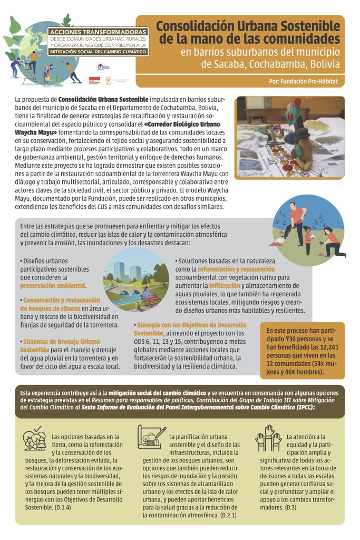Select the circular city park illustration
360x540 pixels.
136,280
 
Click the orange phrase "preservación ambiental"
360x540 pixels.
53,285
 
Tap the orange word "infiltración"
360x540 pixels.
225,285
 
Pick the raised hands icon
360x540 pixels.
268,437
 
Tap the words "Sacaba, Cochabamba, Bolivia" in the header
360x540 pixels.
270,65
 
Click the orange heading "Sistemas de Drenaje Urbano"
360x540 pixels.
61,342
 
